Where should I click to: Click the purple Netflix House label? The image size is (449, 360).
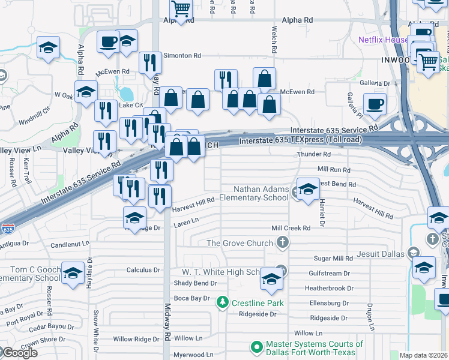click(383, 40)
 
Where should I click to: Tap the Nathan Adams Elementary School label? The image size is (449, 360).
click(253, 193)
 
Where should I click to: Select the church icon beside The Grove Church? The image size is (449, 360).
click(283, 243)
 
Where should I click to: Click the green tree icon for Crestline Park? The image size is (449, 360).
click(223, 302)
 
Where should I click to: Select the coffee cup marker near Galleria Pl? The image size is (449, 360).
click(375, 104)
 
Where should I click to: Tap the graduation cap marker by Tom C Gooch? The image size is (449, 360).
click(73, 273)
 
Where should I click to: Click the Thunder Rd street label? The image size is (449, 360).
click(310, 155)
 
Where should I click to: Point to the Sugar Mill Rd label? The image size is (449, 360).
click(333, 258)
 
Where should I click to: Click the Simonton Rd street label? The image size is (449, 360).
click(183, 55)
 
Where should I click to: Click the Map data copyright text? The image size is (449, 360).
click(423, 356)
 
